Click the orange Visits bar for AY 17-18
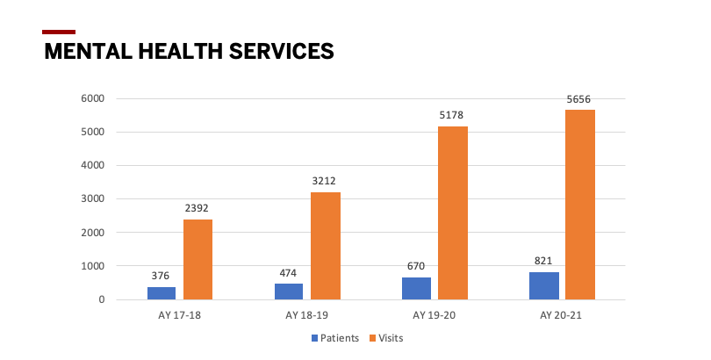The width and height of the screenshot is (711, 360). (x=197, y=259)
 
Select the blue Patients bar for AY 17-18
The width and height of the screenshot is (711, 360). (x=162, y=293)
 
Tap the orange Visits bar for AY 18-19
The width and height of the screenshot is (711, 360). (x=325, y=246)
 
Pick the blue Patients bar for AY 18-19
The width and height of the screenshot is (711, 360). (x=289, y=292)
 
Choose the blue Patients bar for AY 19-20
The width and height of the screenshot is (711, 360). (x=417, y=288)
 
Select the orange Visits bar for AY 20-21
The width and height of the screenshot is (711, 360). (x=580, y=205)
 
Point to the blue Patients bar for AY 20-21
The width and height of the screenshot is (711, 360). (x=544, y=285)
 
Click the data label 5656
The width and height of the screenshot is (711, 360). (x=580, y=99)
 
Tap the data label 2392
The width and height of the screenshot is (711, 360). (x=197, y=208)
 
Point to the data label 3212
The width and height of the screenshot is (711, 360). (x=325, y=182)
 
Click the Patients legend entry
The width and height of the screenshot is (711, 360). (x=334, y=338)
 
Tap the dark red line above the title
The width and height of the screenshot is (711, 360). (x=59, y=32)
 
